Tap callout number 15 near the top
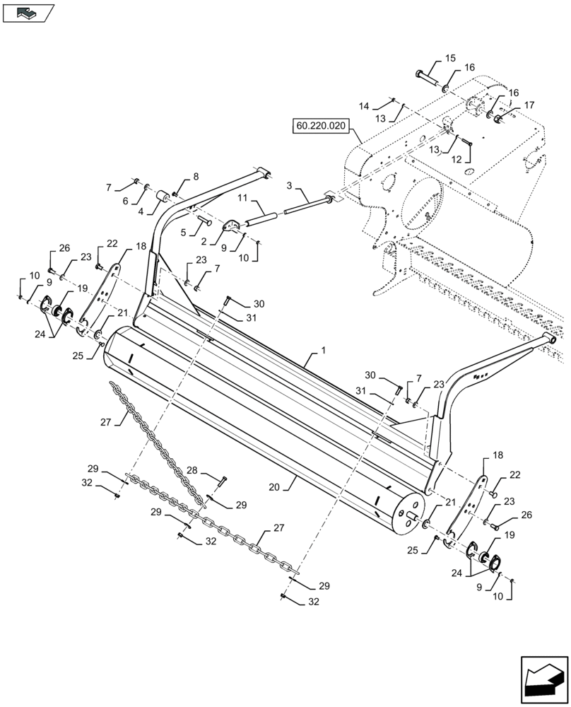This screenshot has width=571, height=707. click(451, 58)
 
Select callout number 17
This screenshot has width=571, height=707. click(529, 105)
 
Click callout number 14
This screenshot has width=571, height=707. click(364, 107)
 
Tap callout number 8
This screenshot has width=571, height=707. click(196, 177)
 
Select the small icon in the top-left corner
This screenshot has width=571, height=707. click(28, 12)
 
